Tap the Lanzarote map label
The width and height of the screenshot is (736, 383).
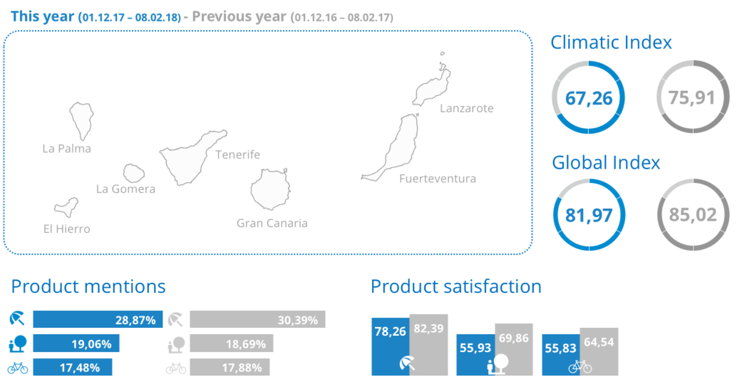click(x=466, y=108)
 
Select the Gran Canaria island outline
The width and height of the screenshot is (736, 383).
click(x=270, y=190)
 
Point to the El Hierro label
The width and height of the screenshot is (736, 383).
click(x=67, y=229)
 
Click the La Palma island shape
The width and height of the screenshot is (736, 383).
click(x=81, y=120)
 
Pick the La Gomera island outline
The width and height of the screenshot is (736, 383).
click(x=134, y=173)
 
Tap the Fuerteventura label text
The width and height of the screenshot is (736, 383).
click(x=438, y=178)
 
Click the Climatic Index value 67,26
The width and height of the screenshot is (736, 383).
click(x=588, y=98)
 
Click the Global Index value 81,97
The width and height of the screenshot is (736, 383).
click(x=588, y=215)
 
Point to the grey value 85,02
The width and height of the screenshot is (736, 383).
click(x=693, y=215)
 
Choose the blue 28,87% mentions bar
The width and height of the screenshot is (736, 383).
click(x=97, y=320)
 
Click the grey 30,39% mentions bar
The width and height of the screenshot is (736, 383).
click(x=257, y=320)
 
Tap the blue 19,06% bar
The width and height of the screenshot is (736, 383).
click(x=76, y=344)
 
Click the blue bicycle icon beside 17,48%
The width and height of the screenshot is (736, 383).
click(x=17, y=367)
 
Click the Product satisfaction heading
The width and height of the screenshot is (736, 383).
click(x=455, y=286)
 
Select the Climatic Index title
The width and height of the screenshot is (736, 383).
click(x=611, y=43)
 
